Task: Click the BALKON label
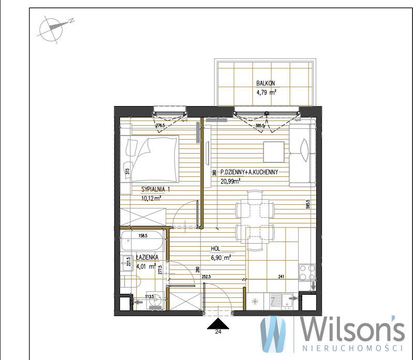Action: click(265, 83)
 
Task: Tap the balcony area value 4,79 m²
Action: click(266, 93)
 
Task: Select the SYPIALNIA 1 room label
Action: click(156, 189)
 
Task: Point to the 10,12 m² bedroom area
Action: click(151, 198)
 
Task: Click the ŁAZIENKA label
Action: click(147, 257)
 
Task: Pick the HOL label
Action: click(215, 249)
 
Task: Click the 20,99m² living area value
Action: click(230, 181)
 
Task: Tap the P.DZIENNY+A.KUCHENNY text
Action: click(249, 172)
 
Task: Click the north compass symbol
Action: click(54, 28)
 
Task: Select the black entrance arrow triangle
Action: click(218, 324)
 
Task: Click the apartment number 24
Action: click(218, 332)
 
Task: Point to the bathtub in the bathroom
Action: click(142, 241)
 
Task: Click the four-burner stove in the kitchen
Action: click(307, 273)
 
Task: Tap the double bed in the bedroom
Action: click(150, 159)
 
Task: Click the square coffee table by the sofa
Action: click(274, 152)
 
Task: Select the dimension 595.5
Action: click(308, 204)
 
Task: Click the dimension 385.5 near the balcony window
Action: click(260, 126)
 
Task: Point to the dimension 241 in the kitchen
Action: click(282, 277)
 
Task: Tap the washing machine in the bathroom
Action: click(155, 300)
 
